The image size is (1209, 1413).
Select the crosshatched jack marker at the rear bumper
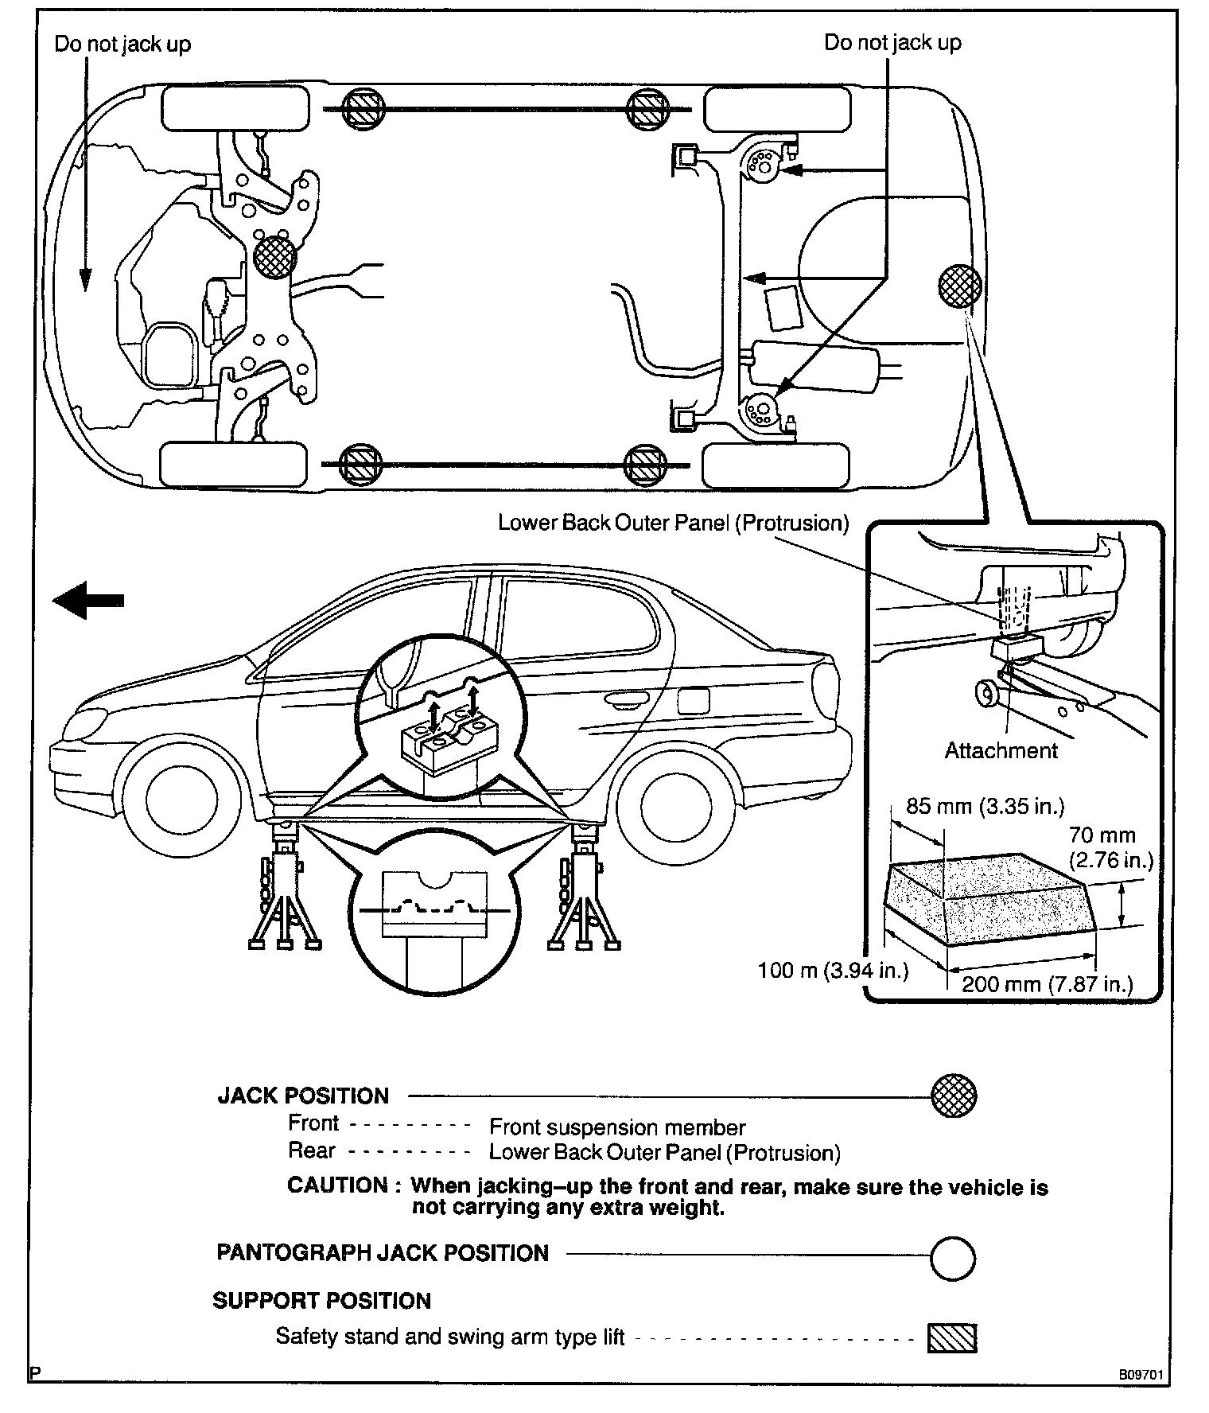959,285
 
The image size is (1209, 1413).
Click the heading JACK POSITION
303,1096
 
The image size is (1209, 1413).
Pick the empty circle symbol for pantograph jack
952,1258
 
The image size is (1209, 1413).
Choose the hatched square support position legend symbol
952,1337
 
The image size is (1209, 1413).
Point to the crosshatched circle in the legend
954,1096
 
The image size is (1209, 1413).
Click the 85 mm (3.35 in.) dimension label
985,807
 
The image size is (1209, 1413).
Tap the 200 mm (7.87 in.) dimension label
1047,984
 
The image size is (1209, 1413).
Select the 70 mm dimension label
1102,835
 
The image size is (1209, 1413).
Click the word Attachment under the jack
1001,750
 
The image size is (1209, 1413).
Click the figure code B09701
1141,1374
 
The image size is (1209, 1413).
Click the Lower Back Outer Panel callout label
673,523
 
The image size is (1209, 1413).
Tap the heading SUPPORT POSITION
321,1301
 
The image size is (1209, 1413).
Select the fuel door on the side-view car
693,700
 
